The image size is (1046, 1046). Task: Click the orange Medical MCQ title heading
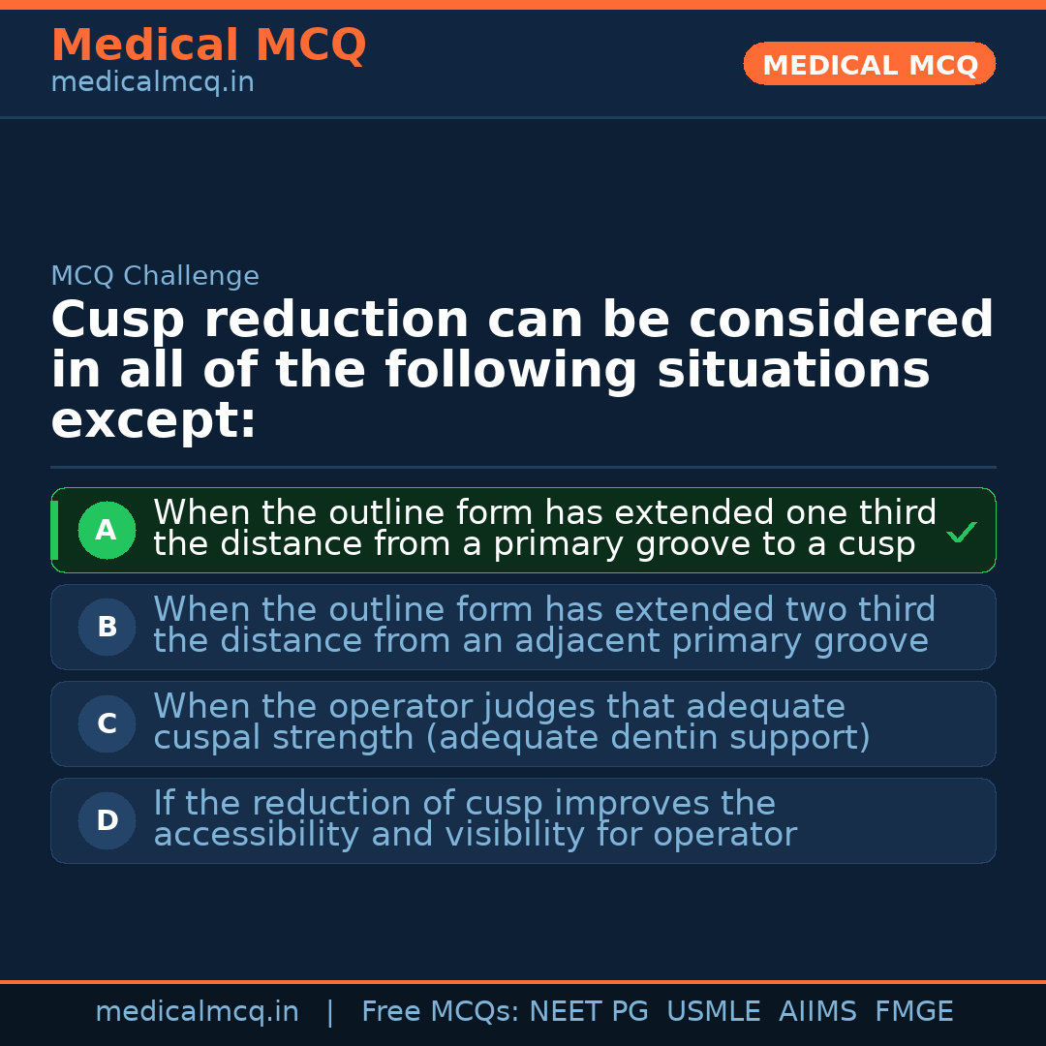pyautogui.click(x=208, y=46)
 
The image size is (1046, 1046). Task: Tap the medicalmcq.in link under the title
pyautogui.click(x=152, y=82)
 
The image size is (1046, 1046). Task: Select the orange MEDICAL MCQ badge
pyautogui.click(x=870, y=64)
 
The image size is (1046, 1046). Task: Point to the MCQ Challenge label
pyautogui.click(x=155, y=276)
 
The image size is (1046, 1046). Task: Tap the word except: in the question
pyautogui.click(x=154, y=421)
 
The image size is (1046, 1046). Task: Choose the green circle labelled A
pyautogui.click(x=107, y=530)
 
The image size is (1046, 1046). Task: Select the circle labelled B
pyautogui.click(x=107, y=627)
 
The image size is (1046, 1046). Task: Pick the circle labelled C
pyautogui.click(x=107, y=723)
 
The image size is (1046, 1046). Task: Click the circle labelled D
pyautogui.click(x=107, y=820)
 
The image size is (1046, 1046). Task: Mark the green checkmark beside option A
pyautogui.click(x=961, y=532)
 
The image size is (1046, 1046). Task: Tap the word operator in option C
pyautogui.click(x=406, y=706)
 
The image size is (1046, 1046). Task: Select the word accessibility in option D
pyautogui.click(x=256, y=834)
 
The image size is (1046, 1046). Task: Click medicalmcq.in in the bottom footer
pyautogui.click(x=197, y=1012)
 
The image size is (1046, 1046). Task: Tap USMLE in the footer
pyautogui.click(x=713, y=1012)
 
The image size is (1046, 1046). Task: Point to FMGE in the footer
pyautogui.click(x=913, y=1012)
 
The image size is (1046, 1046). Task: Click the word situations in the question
pyautogui.click(x=793, y=371)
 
